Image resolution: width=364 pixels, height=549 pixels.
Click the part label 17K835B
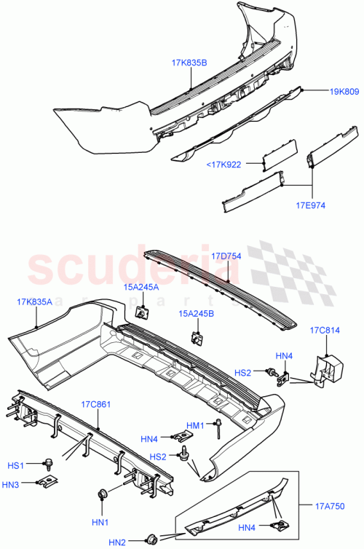(x=189, y=63)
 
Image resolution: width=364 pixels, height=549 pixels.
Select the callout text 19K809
(x=344, y=92)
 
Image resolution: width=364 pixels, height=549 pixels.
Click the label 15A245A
(x=142, y=288)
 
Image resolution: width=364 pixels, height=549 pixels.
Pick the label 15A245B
(x=197, y=315)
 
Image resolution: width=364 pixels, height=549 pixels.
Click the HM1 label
(x=196, y=425)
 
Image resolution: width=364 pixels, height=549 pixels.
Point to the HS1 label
(x=16, y=465)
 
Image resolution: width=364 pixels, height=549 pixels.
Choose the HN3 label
(x=16, y=484)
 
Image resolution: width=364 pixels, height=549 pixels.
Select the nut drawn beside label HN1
(x=102, y=497)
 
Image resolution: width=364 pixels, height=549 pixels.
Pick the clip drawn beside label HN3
(x=46, y=482)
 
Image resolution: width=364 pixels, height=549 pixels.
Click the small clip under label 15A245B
(x=197, y=338)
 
